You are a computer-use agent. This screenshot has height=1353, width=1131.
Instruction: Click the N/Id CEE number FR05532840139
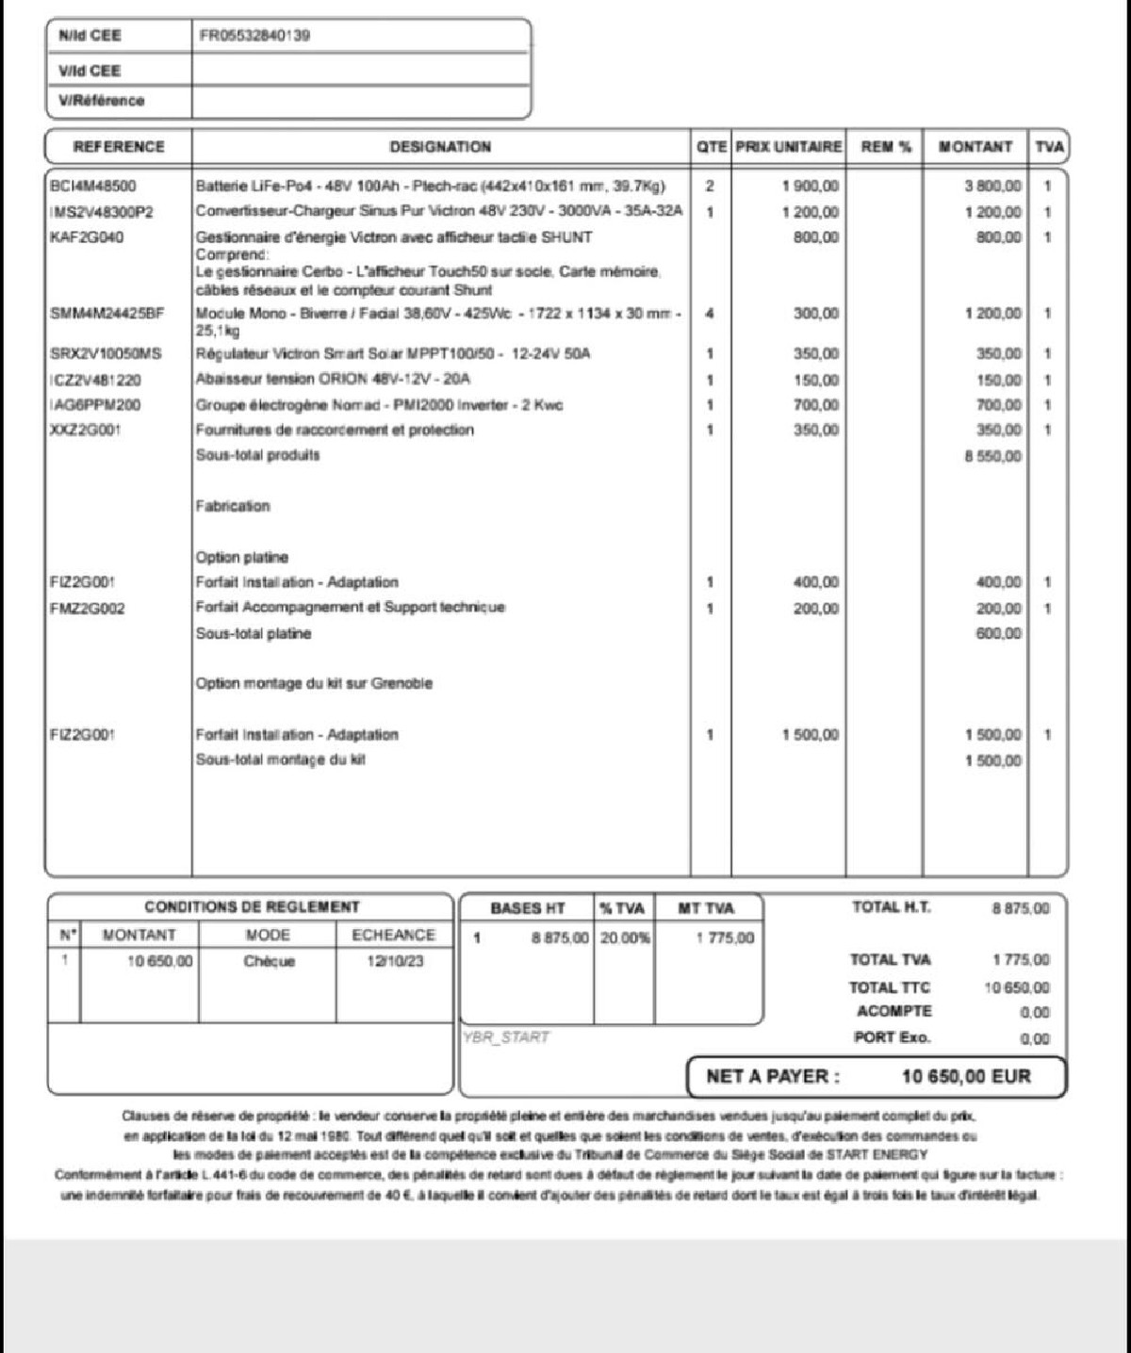[254, 36]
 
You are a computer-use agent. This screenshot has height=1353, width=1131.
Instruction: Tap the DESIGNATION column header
[440, 147]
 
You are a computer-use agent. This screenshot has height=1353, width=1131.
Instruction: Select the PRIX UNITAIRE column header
[788, 147]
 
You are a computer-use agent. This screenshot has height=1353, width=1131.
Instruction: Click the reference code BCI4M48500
[92, 187]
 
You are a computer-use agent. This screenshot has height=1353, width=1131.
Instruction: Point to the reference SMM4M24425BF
[107, 313]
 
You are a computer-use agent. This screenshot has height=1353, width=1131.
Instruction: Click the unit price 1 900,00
[811, 187]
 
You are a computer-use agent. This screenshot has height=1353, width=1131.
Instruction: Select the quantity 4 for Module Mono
[710, 313]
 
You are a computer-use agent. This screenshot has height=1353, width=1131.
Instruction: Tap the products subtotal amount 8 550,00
[992, 456]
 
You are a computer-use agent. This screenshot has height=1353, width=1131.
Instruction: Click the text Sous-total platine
[253, 633]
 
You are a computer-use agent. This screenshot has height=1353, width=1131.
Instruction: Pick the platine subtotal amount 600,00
[998, 633]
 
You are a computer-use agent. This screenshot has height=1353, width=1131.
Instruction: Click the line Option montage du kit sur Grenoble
[314, 683]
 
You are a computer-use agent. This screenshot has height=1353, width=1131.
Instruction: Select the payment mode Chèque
[270, 961]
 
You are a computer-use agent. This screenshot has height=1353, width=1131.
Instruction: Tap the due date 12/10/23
[395, 961]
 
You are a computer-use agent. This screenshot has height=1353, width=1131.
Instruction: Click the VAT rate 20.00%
[624, 938]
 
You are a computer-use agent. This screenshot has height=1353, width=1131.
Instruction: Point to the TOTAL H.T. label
[891, 907]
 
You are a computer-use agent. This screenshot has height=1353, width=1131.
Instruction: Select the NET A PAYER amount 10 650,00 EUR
[966, 1076]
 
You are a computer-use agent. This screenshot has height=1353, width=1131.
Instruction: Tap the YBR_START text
[506, 1037]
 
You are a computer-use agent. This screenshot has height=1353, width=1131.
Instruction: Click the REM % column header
[886, 147]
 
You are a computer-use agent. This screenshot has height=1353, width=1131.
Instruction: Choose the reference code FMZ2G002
[87, 609]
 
